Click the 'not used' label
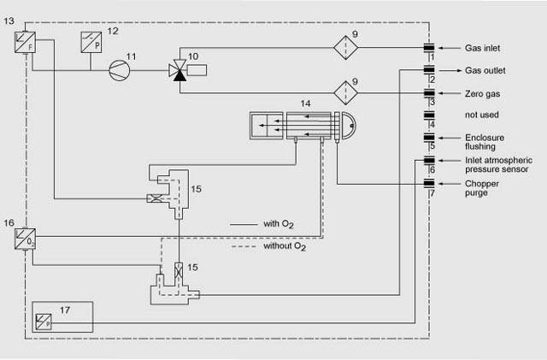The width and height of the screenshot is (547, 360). pyautogui.click(x=481, y=114)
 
